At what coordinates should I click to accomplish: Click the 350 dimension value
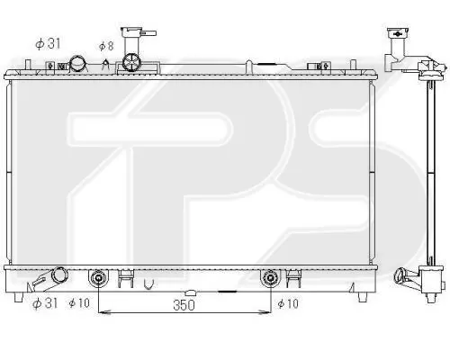click(184, 305)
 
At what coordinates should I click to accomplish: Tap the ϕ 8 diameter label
click(106, 46)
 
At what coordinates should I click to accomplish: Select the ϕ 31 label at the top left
click(48, 43)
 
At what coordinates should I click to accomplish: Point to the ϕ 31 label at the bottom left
click(45, 303)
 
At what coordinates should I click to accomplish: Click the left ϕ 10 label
click(79, 303)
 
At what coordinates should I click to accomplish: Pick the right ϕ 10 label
click(288, 303)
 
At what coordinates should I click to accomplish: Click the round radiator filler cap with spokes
click(131, 62)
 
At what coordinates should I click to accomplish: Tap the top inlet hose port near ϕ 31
click(78, 64)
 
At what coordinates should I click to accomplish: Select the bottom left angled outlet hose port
click(49, 279)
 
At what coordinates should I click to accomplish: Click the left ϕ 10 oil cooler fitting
click(98, 278)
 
